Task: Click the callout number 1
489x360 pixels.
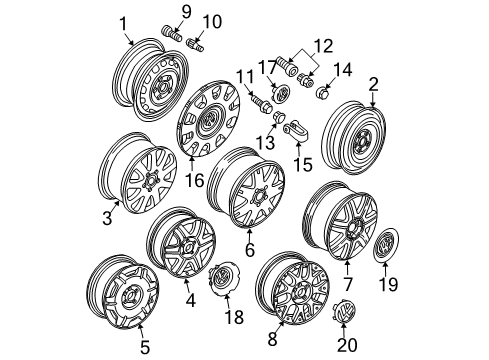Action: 123,24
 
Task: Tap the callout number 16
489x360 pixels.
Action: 195,180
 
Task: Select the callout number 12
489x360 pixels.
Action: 322,46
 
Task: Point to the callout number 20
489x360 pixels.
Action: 347,345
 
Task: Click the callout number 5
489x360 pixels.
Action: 145,347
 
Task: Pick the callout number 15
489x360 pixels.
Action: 303,164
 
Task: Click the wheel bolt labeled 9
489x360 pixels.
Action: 172,34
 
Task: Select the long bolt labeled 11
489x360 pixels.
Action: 261,103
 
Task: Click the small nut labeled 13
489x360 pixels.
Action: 279,117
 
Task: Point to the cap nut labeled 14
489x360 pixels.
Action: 322,92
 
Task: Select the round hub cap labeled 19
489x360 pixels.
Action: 386,245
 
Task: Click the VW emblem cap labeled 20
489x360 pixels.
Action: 345,310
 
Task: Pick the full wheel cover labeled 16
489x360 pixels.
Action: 209,119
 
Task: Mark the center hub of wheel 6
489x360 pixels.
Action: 260,195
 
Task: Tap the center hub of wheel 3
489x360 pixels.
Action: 151,180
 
